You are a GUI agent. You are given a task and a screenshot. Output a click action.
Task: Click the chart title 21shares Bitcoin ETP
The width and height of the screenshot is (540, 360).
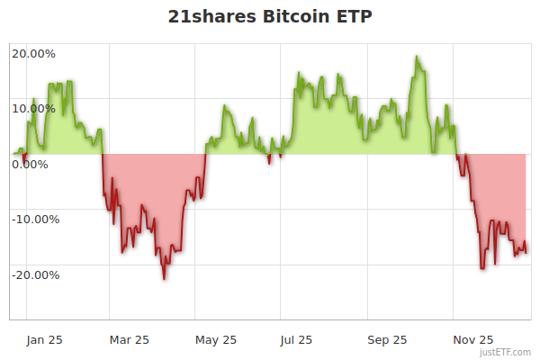270,17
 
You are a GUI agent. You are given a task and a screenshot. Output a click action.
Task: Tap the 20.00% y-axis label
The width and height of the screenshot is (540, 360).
33,54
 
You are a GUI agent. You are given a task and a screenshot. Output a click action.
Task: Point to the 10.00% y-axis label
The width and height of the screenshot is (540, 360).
33,109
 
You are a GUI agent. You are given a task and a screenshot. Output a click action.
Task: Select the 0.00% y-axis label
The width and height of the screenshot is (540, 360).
30,164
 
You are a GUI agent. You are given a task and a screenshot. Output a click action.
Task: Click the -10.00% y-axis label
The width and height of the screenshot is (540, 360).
35,219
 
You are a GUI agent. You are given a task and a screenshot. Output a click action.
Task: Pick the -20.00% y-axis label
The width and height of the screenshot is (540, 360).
35,274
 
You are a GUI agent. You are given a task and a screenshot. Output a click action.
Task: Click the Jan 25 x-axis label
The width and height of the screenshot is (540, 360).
44,339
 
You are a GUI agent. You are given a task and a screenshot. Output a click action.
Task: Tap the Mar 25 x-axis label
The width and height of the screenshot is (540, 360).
129,339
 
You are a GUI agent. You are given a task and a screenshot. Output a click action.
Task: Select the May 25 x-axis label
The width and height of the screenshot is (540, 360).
215,339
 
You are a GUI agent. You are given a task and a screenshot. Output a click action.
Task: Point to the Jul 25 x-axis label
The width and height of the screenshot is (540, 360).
296,339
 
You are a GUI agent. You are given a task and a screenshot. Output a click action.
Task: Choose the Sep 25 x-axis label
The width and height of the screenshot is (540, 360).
387,339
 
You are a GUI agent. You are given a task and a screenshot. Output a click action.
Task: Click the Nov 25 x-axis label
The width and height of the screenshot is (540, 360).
472,339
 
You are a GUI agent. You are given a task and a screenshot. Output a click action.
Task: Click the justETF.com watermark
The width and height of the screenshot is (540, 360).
505,353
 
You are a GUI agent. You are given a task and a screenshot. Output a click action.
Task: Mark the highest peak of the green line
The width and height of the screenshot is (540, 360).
417,57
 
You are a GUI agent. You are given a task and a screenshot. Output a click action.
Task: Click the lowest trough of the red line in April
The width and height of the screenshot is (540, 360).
164,279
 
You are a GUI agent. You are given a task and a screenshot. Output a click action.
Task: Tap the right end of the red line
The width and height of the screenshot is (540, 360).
526,252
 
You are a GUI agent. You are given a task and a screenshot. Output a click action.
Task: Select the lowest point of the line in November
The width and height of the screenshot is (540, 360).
482,267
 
